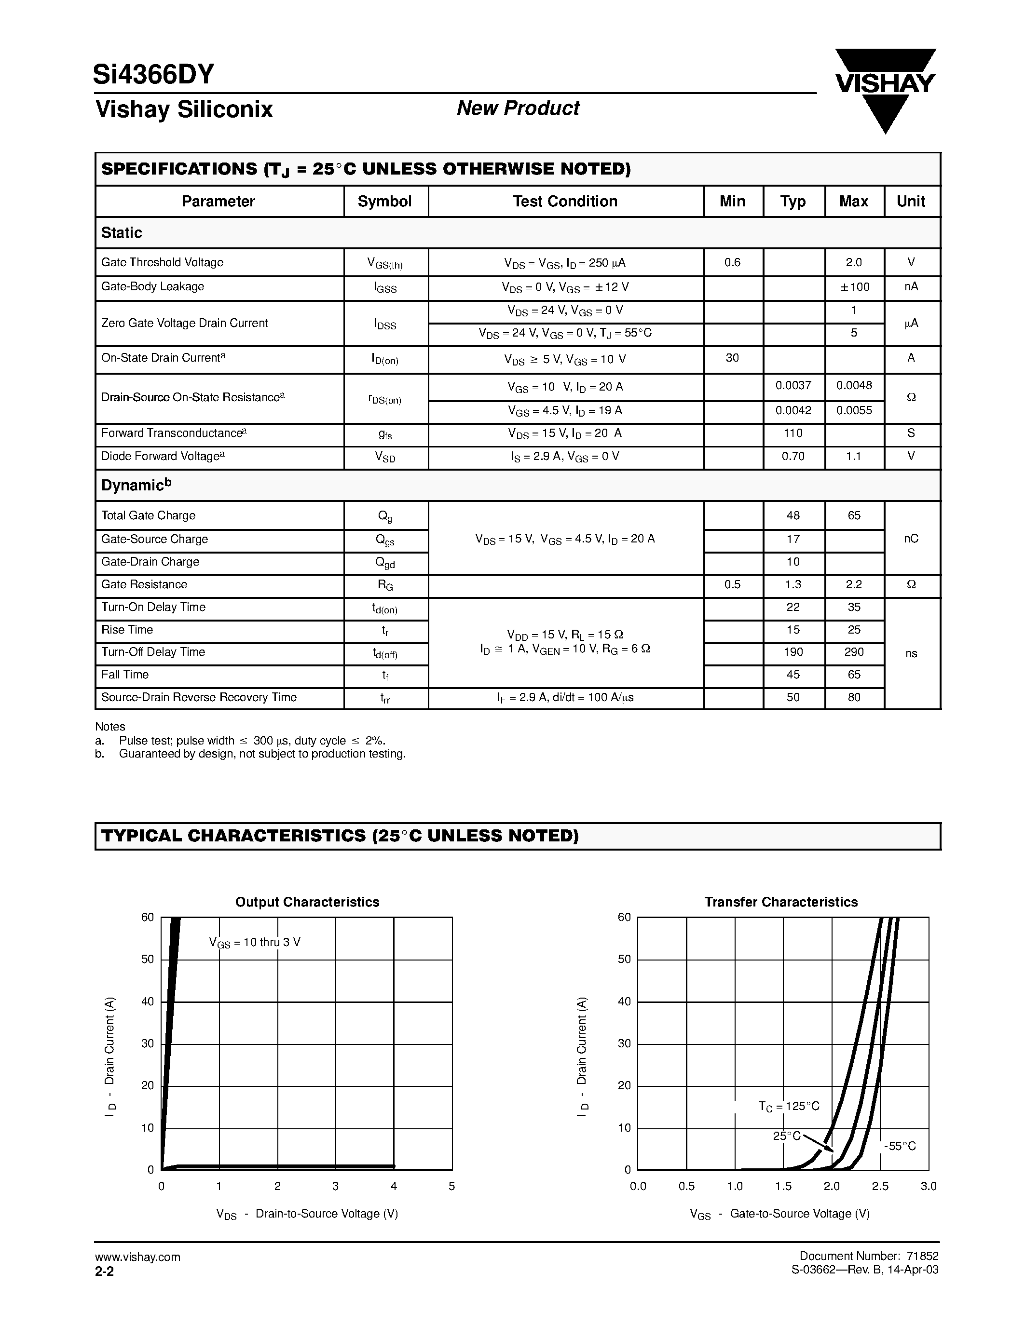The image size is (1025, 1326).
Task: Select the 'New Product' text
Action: (x=518, y=108)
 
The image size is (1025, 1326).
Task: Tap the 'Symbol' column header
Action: (x=384, y=202)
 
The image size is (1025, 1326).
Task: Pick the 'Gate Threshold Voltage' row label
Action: (x=162, y=262)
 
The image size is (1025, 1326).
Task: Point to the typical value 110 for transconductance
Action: (x=793, y=433)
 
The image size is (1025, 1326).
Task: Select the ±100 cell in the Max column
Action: (x=854, y=286)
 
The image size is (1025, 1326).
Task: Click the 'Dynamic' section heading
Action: (x=136, y=485)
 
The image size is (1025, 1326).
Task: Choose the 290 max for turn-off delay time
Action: (x=854, y=652)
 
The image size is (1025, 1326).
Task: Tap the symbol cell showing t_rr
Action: (x=385, y=698)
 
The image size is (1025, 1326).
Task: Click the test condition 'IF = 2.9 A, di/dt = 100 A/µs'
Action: (x=565, y=698)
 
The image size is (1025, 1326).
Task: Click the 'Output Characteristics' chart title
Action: (x=307, y=902)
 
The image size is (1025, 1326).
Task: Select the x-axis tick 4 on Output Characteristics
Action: (x=394, y=1186)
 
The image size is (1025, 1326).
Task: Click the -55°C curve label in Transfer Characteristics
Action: (x=900, y=1146)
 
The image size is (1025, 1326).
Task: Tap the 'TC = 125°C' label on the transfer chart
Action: (x=789, y=1106)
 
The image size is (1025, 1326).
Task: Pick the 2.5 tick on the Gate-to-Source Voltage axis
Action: (x=880, y=1186)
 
